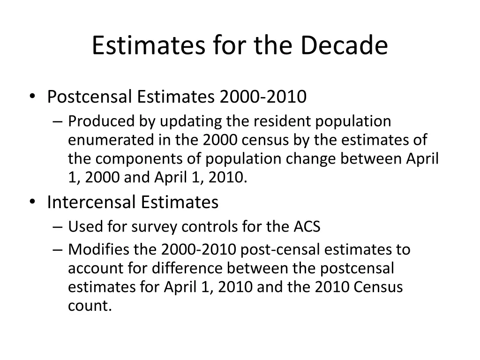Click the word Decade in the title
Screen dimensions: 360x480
click(344, 45)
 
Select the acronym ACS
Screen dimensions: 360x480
click(307, 227)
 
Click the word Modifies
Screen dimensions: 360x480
click(97, 249)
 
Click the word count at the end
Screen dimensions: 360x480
click(90, 306)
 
